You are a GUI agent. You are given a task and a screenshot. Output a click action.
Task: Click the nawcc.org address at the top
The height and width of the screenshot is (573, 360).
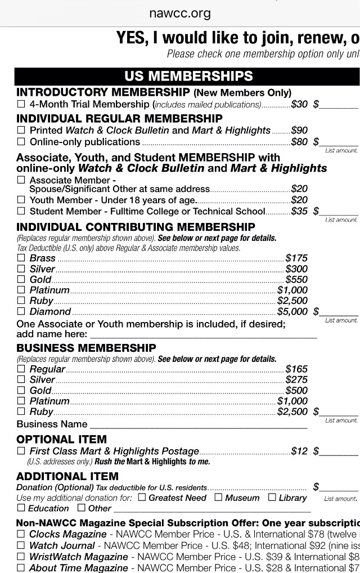click(180, 13)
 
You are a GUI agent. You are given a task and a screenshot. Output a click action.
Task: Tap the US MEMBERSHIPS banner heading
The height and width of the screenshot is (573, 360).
click(188, 77)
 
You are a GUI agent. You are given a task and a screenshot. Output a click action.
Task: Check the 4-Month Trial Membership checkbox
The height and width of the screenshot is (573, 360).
click(21, 104)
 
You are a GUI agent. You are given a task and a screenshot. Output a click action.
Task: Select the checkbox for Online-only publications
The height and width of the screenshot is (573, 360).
click(21, 142)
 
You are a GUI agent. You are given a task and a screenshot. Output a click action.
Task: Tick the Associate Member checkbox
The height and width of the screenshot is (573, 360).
click(21, 180)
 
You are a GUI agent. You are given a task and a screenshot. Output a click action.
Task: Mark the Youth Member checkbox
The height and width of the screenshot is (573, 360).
click(21, 200)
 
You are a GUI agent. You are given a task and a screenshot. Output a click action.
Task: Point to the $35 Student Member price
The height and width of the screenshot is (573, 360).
click(299, 212)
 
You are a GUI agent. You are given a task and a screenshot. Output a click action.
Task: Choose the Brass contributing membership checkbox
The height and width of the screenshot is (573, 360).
click(21, 258)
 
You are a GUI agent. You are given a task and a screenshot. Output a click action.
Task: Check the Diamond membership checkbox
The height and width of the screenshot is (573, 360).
click(21, 311)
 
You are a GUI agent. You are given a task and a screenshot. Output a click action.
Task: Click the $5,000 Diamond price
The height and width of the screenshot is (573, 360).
click(292, 311)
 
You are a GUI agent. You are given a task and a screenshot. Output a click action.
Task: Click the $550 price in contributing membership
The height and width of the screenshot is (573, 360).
click(296, 279)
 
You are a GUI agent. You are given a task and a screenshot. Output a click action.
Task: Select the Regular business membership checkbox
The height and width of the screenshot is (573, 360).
click(21, 369)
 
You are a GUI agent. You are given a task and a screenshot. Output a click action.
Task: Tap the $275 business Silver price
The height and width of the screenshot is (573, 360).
click(296, 380)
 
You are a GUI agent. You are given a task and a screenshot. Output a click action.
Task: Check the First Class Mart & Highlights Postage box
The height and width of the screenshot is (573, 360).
click(21, 451)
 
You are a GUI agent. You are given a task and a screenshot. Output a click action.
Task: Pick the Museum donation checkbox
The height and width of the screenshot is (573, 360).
click(218, 498)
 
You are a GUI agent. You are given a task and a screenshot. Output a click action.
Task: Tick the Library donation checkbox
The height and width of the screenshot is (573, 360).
click(272, 498)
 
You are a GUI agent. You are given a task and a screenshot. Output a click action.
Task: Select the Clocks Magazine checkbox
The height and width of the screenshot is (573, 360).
click(21, 534)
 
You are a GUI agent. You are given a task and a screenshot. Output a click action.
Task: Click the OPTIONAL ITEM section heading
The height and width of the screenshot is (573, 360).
click(61, 440)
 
